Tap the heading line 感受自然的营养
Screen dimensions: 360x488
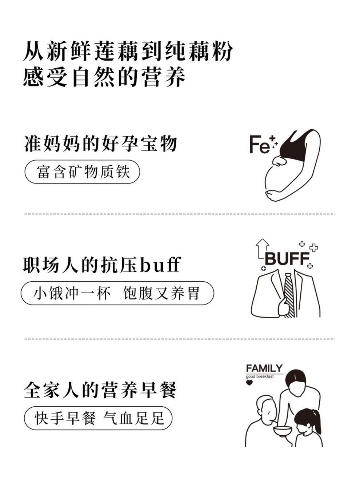pyautogui.click(x=104, y=77)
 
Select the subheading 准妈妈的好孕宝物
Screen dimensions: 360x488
pyautogui.click(x=101, y=143)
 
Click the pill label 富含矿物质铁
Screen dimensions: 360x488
pyautogui.click(x=83, y=172)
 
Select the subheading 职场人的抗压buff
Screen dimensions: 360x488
pyautogui.click(x=102, y=265)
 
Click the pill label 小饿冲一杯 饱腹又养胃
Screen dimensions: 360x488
pyautogui.click(x=117, y=293)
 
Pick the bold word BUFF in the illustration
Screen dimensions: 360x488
pyautogui.click(x=287, y=259)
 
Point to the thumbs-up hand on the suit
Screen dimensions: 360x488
pyautogui.click(x=283, y=307)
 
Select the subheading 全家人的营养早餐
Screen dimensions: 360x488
pyautogui.click(x=100, y=390)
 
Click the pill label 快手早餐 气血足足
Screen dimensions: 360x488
pyautogui.click(x=98, y=418)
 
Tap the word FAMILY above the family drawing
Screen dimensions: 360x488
pyautogui.click(x=264, y=368)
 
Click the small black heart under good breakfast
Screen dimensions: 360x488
pyautogui.click(x=249, y=383)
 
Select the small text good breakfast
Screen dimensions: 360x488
pyautogui.click(x=260, y=376)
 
